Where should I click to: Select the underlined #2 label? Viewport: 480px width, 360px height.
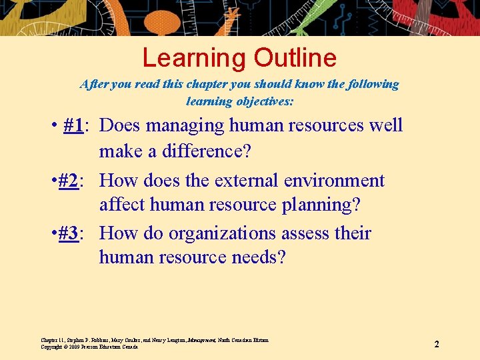(68, 181)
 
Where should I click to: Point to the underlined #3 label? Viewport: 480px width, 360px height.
(68, 233)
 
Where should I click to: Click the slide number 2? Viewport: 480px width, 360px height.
(437, 344)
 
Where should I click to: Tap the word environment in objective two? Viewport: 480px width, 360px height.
(334, 181)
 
